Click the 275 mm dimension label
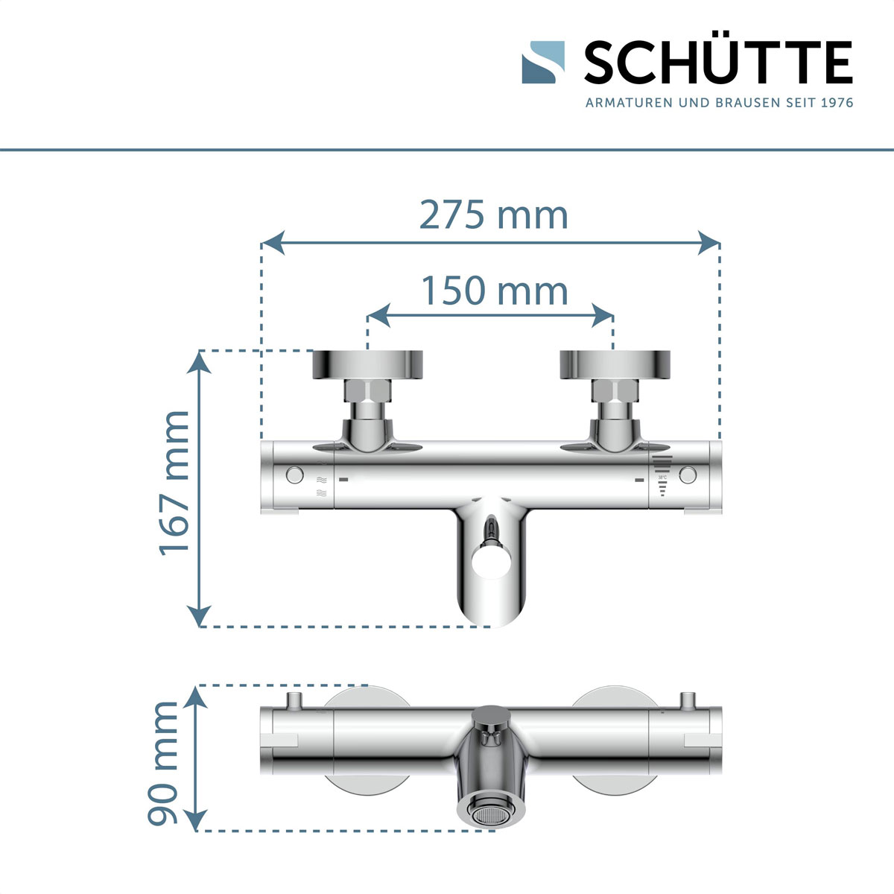click(493, 216)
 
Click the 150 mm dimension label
click(495, 291)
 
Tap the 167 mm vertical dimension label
click(175, 482)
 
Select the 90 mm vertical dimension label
click(165, 763)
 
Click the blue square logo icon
click(543, 63)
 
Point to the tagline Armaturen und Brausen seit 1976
click(719, 103)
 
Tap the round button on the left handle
click(294, 475)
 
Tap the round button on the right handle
click(688, 475)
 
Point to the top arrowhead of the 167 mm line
click(198, 361)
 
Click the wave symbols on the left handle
click(322, 486)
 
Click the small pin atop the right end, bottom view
click(687, 700)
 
